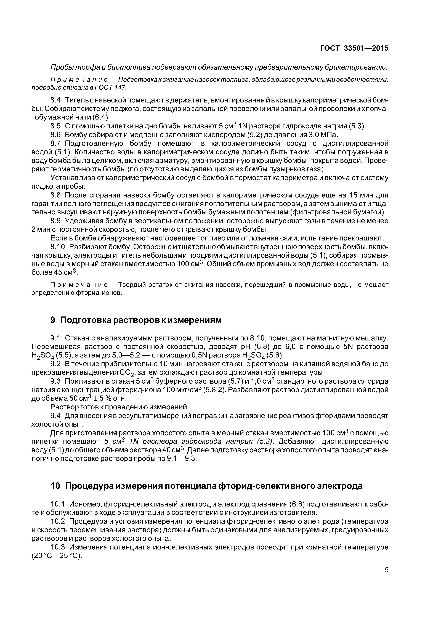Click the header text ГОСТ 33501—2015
point(354,48)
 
